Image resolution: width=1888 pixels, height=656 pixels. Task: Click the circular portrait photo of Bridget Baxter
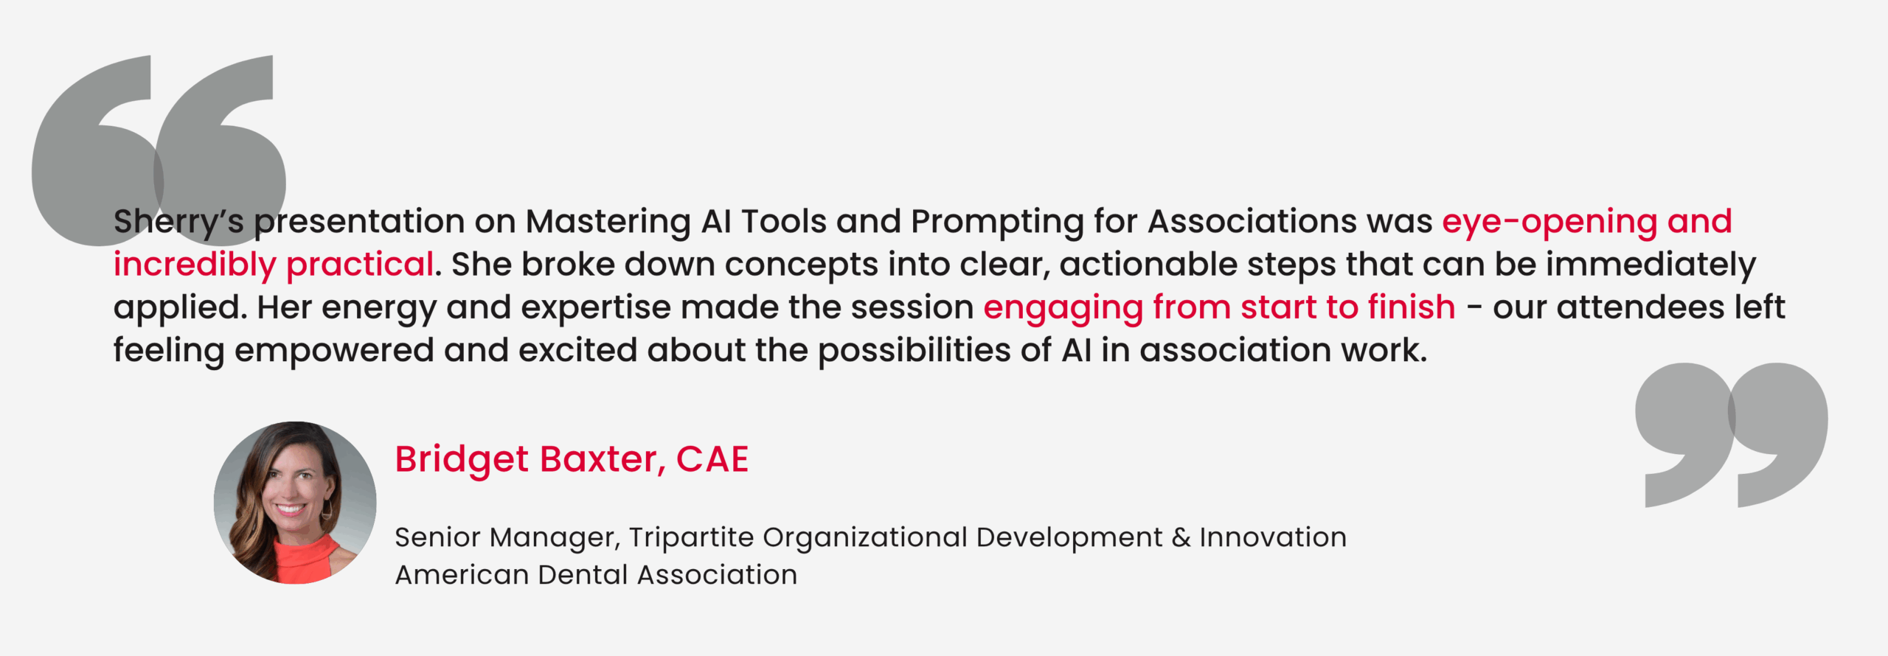click(295, 503)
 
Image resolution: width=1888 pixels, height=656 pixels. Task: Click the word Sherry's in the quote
click(178, 222)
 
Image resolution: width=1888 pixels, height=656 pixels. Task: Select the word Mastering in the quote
click(608, 222)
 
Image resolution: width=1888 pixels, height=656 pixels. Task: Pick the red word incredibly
click(195, 265)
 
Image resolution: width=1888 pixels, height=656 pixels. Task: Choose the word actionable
click(1148, 265)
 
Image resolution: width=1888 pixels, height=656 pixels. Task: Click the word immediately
click(1651, 265)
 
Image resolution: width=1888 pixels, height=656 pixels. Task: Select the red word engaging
click(1063, 307)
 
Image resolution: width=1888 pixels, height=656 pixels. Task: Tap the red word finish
click(1412, 307)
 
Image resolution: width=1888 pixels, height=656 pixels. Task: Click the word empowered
click(334, 350)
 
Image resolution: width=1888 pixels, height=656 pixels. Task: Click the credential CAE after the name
click(712, 459)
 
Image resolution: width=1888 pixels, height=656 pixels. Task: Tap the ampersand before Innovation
click(1181, 537)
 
